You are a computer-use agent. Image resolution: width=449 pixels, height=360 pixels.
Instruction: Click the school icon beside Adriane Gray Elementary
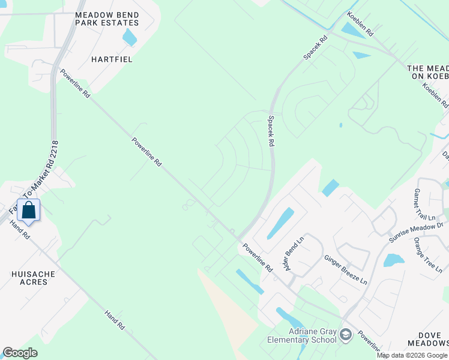click(345, 334)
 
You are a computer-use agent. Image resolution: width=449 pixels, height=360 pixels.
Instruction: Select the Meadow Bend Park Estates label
click(107, 19)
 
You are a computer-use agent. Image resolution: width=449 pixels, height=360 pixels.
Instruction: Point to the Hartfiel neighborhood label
click(112, 59)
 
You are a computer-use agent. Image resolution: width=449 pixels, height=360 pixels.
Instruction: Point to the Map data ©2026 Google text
click(412, 355)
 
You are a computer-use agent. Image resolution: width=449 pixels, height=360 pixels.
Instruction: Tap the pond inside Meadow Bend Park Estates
click(129, 37)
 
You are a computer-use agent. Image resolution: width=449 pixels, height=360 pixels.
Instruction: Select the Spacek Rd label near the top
click(316, 47)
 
